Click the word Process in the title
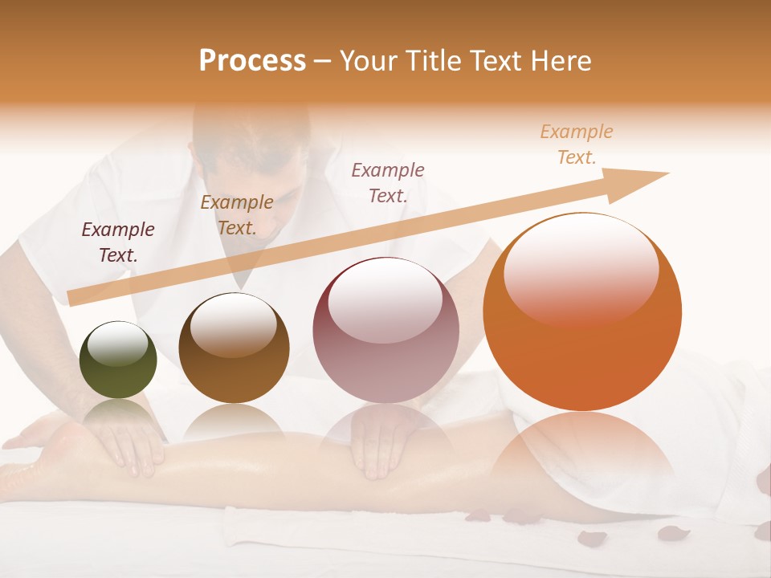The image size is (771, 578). (x=252, y=61)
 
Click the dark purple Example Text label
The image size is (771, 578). (x=118, y=242)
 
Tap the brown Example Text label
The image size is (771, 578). (x=236, y=214)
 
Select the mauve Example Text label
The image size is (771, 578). (x=388, y=182)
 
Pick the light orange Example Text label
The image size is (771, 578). (x=577, y=144)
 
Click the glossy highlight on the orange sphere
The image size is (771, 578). (x=581, y=268)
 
